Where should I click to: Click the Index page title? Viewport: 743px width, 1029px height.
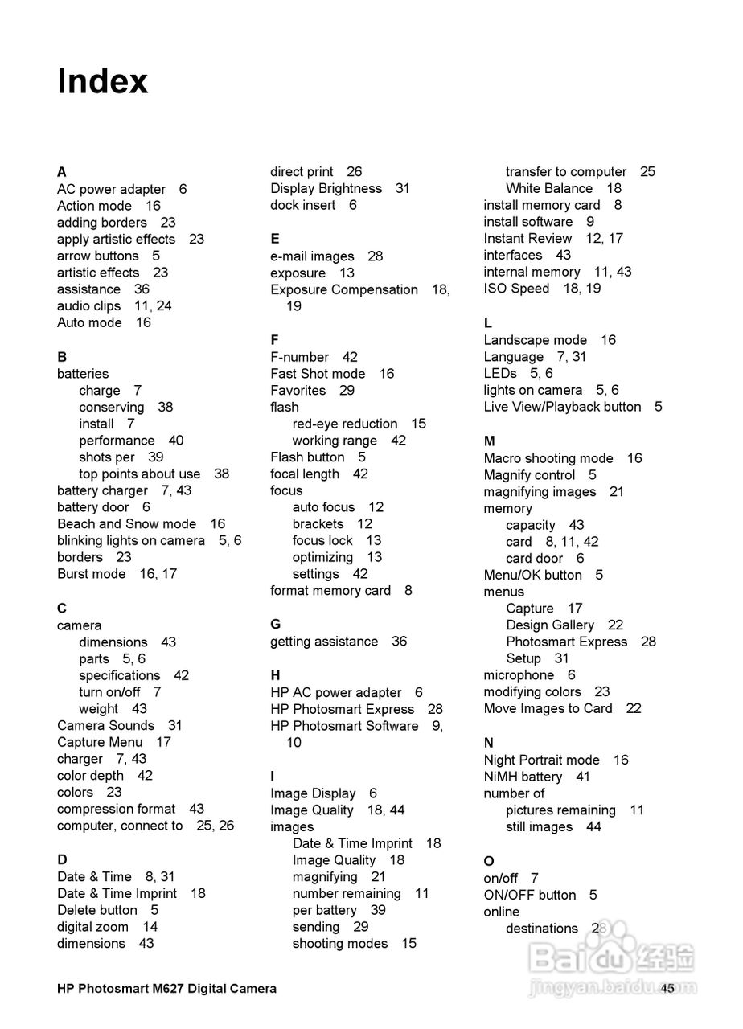[x=103, y=81]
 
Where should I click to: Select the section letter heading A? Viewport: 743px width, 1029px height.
[x=62, y=172]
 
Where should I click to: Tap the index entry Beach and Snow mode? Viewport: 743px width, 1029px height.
[x=126, y=523]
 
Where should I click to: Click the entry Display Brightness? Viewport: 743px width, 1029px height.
[x=326, y=188]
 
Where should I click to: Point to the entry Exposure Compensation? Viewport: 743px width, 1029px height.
[x=344, y=289]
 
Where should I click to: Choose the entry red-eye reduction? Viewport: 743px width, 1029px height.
[x=345, y=424]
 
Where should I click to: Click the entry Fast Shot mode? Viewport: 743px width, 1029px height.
[x=318, y=373]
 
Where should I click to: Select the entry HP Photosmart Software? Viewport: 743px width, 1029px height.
[x=344, y=725]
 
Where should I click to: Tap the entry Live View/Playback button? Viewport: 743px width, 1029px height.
[x=562, y=407]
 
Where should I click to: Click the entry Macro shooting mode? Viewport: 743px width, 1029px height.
[x=548, y=458]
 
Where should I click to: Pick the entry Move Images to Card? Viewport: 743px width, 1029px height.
[x=548, y=708]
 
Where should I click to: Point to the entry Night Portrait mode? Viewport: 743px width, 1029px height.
[x=541, y=760]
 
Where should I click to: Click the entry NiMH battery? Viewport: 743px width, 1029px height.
[x=523, y=777]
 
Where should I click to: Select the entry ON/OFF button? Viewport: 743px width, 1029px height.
[x=529, y=895]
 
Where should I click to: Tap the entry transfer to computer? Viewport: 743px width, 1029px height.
[x=566, y=171]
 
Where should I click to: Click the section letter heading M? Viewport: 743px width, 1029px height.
[x=490, y=441]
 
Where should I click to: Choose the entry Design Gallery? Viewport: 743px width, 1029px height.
[x=550, y=625]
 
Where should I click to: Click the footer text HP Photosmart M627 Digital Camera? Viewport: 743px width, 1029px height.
[x=166, y=989]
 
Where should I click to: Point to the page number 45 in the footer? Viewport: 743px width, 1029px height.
[x=667, y=989]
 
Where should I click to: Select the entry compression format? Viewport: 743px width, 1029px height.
[x=116, y=809]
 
